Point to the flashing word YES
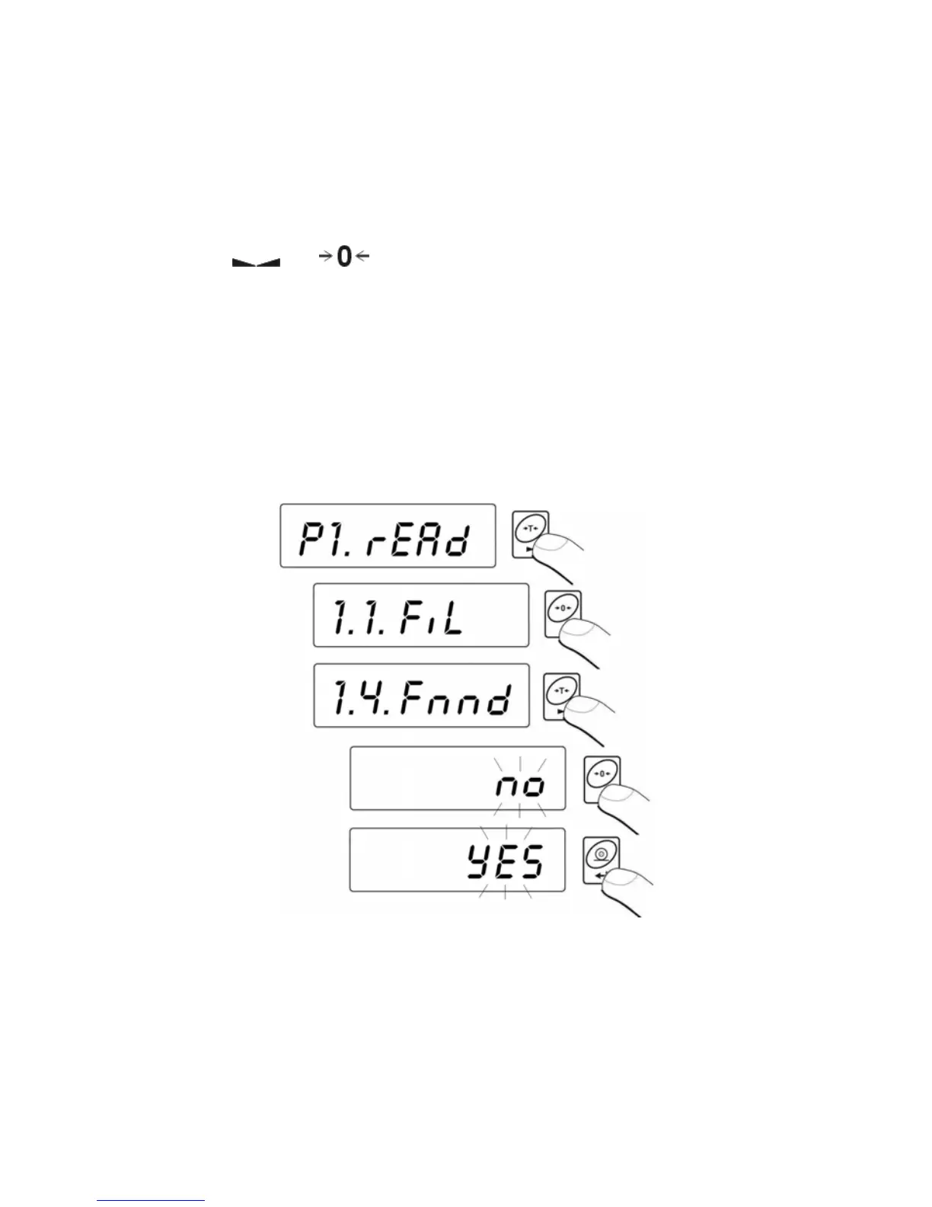[505, 863]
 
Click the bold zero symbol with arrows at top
[344, 258]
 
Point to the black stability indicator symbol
[256, 262]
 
